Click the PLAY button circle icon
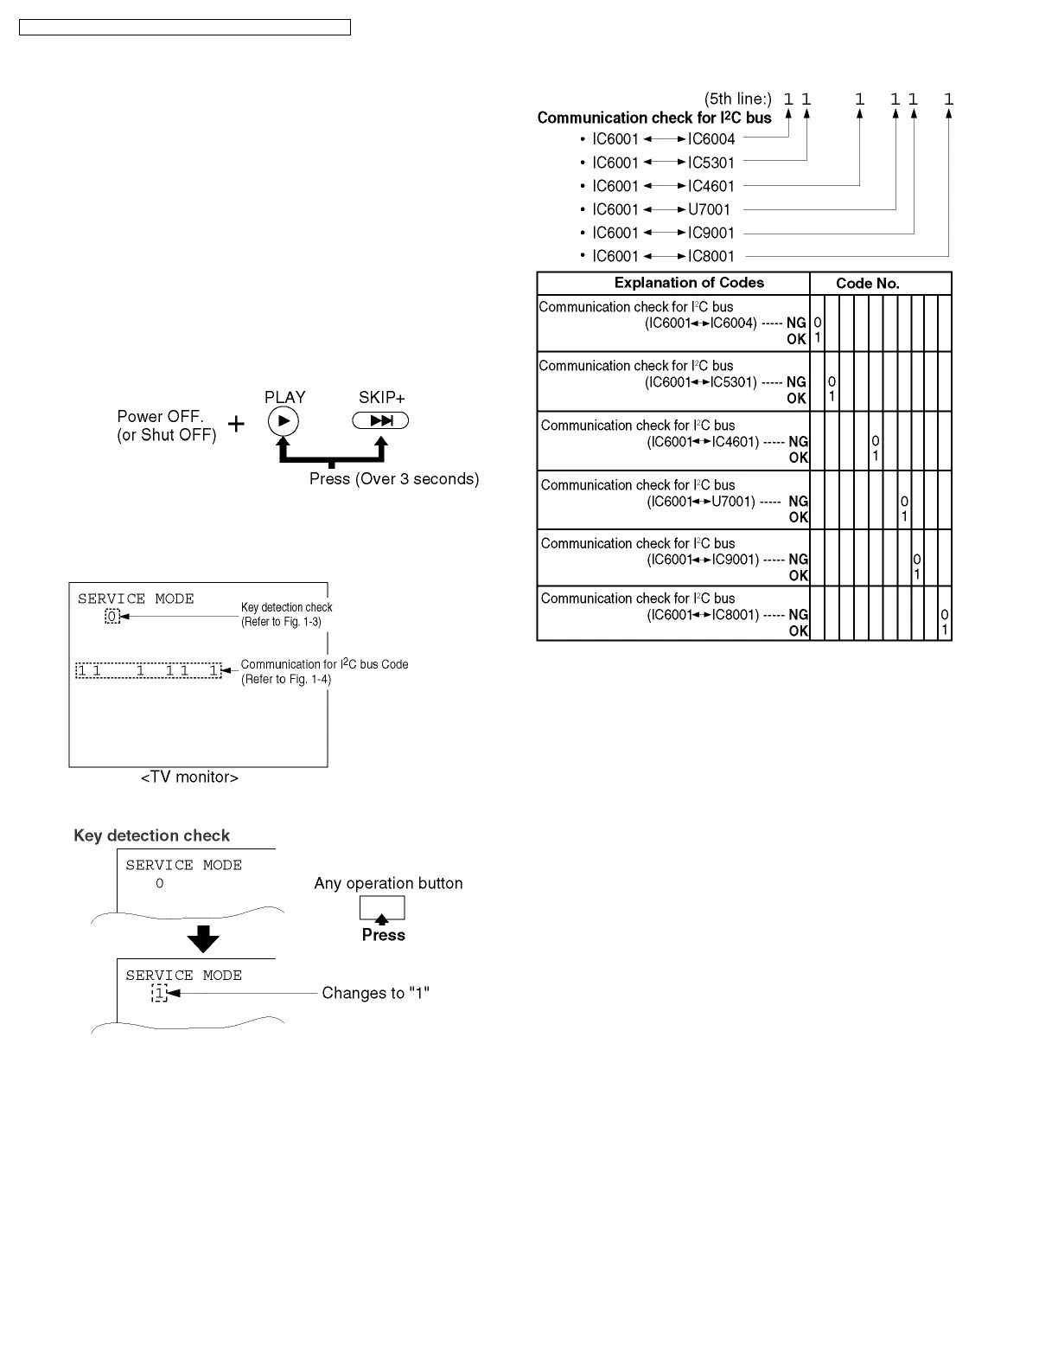pos(284,421)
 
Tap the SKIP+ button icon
pos(380,421)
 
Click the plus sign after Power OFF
pos(236,424)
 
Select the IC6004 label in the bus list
pos(711,139)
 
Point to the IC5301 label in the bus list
pos(711,163)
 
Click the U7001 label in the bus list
pos(709,209)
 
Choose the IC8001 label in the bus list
pos(711,256)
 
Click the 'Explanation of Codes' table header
pos(689,283)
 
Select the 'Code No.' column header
pos(867,284)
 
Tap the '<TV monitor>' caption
pos(189,778)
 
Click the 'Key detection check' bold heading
pos(151,835)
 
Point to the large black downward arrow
pos(203,938)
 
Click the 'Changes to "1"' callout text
pos(375,993)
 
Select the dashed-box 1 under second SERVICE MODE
pos(159,994)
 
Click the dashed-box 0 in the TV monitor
pos(112,617)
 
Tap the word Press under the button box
pos(383,935)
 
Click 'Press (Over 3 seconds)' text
pos(394,479)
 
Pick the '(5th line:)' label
pos(737,99)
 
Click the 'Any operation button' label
pos(388,883)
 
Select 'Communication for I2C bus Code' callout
pos(324,664)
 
